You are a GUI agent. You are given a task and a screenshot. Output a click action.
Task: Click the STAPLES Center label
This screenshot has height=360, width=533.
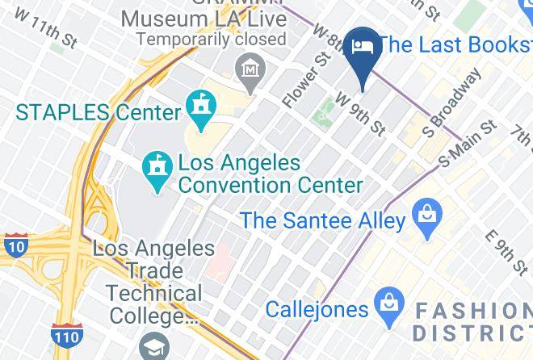pos(97,112)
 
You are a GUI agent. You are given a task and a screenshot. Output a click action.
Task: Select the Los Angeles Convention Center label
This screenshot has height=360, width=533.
pos(270,174)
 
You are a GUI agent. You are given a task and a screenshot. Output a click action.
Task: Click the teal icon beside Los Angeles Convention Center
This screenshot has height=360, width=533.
pos(155,166)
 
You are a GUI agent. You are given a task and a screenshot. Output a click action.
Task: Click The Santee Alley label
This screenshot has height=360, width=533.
pos(321,219)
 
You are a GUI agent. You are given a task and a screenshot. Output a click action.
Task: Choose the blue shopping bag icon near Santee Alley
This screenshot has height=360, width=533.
pos(424,215)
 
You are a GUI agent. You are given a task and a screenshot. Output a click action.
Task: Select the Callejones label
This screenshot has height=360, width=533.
pos(317,308)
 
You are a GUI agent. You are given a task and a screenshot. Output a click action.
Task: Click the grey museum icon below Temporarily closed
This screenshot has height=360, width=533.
pos(252,68)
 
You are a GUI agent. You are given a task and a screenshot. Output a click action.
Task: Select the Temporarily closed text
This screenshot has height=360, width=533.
pos(211,38)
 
